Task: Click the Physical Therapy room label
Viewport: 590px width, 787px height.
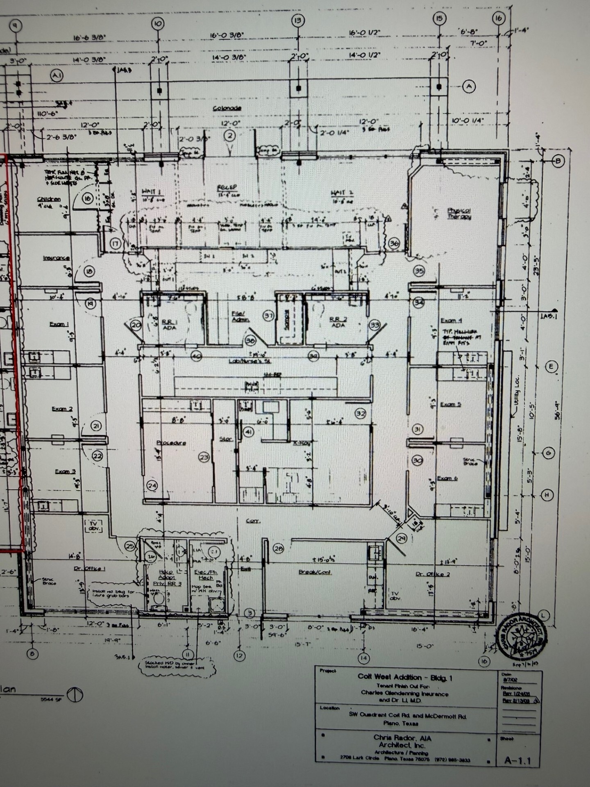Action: tap(459, 214)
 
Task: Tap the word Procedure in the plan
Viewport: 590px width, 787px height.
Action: tap(171, 443)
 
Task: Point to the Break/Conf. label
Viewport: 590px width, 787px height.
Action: tap(315, 572)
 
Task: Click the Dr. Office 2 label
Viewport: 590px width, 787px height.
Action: tap(433, 574)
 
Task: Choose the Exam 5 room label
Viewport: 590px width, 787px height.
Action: tap(450, 405)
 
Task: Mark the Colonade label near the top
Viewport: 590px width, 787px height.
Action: tap(227, 108)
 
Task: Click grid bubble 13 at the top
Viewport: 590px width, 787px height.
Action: tap(298, 20)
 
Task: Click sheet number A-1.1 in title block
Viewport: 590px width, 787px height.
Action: tap(517, 761)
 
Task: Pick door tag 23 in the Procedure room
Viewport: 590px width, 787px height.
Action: tap(204, 457)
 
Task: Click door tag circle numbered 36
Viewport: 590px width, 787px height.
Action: tap(394, 243)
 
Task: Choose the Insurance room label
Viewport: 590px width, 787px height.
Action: tap(56, 258)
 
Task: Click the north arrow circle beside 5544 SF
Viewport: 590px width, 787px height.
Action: tap(75, 694)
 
